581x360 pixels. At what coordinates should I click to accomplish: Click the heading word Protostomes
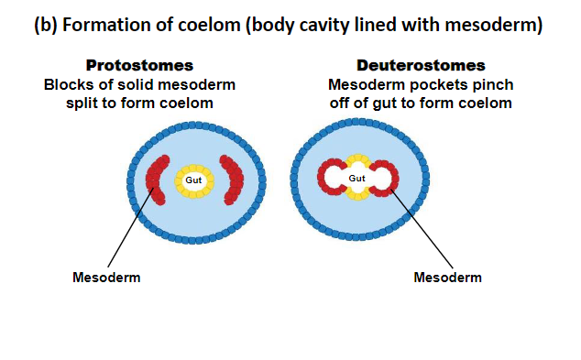click(x=139, y=66)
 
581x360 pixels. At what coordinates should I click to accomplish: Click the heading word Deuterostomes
click(x=421, y=66)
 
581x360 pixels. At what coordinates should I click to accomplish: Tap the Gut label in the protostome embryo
click(x=193, y=180)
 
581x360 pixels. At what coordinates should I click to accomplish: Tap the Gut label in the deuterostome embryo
click(x=357, y=178)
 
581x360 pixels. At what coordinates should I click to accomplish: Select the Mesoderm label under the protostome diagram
click(x=106, y=278)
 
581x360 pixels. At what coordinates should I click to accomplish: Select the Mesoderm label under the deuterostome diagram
click(x=447, y=278)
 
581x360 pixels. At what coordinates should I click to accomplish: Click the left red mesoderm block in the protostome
click(x=158, y=180)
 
